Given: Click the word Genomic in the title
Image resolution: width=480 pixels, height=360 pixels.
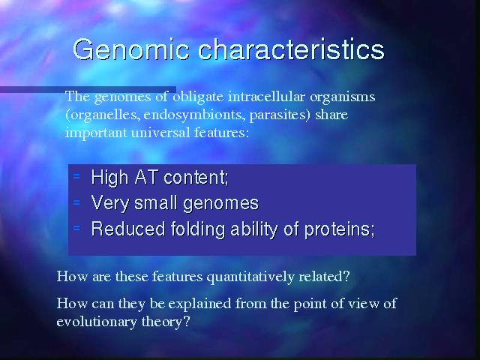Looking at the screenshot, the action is click(131, 49).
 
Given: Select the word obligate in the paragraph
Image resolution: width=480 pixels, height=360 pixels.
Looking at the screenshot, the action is click(198, 97).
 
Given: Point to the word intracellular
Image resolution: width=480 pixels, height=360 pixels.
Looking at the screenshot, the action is click(266, 97).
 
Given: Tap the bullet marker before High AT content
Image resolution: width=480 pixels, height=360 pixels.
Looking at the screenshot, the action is click(76, 176).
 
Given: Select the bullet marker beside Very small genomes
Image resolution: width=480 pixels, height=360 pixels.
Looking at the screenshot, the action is click(76, 202).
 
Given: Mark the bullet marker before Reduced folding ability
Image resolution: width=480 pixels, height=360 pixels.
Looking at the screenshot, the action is click(76, 228).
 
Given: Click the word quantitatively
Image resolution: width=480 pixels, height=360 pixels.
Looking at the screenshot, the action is click(250, 277).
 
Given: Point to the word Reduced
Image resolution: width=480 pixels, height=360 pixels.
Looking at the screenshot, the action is click(128, 229).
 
